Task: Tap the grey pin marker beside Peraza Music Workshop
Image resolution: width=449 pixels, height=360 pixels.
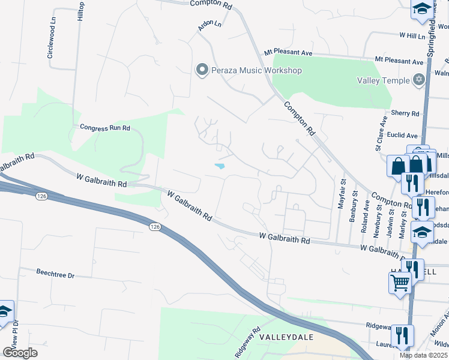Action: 202,71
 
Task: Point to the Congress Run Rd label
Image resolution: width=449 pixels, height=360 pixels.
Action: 105,128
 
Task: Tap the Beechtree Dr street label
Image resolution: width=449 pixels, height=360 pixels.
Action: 55,275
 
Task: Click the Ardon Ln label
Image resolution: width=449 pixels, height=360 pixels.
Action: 210,25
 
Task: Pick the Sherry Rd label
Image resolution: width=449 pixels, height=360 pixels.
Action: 405,113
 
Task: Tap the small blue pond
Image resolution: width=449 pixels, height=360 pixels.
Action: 220,166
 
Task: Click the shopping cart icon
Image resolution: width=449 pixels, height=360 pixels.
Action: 400,281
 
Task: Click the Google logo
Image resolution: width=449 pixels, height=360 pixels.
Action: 20,353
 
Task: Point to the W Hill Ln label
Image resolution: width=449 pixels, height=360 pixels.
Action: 412,35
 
